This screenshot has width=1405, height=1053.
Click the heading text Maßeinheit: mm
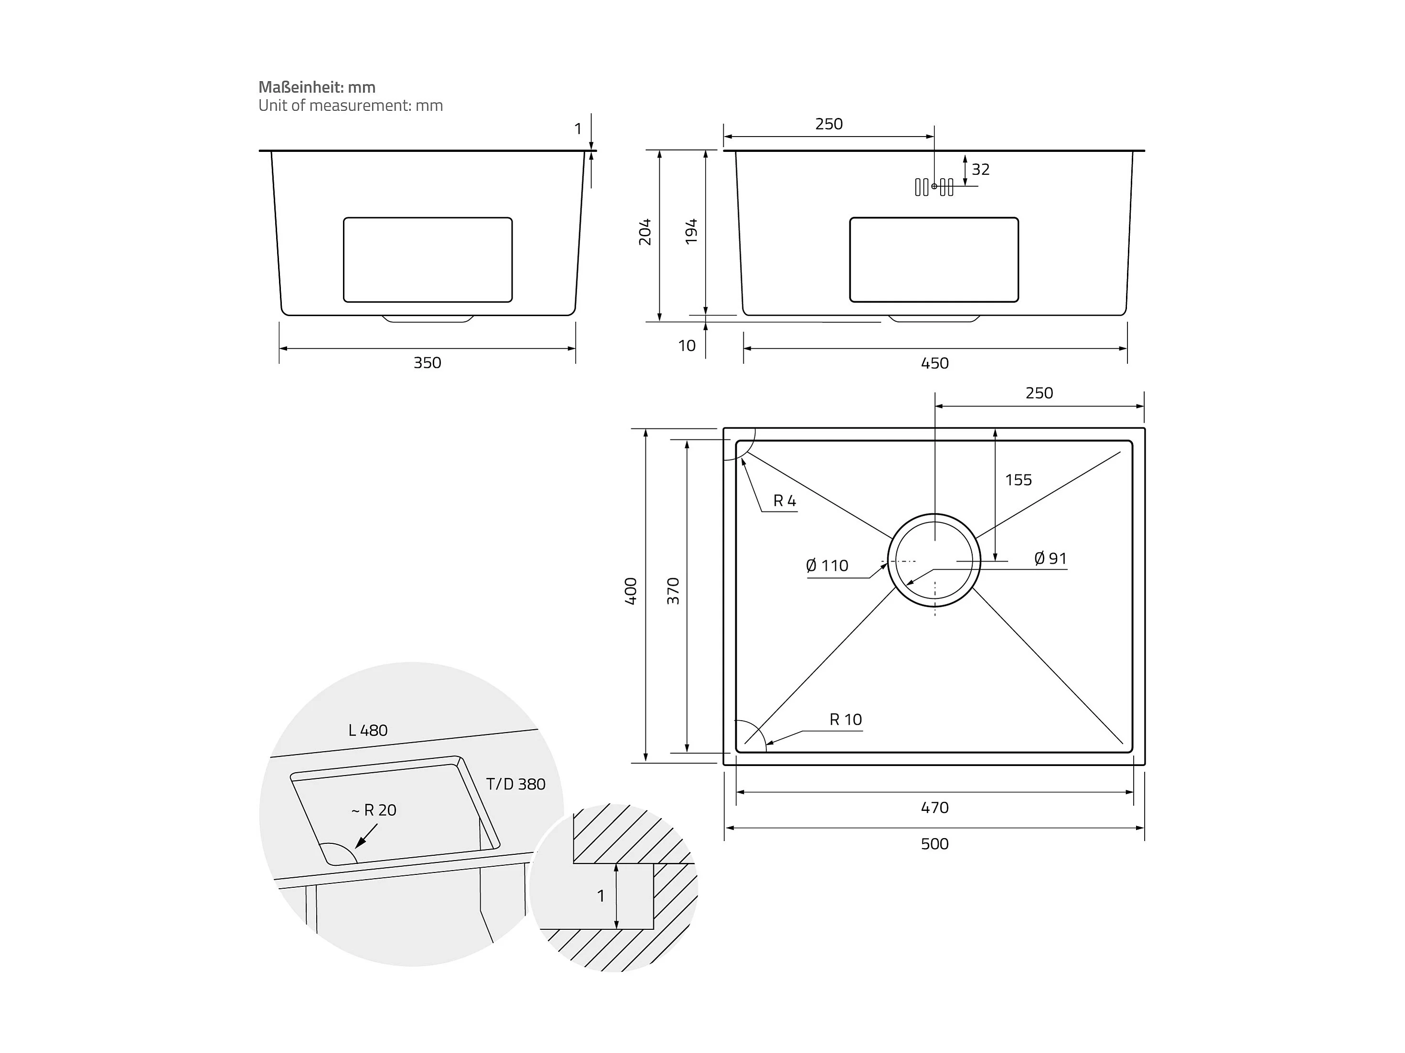pos(316,87)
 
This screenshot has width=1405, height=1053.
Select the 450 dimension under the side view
pos(934,363)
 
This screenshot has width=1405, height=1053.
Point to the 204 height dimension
pos(645,232)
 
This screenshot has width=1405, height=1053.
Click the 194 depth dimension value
pos(691,232)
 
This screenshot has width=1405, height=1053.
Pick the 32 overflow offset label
pos(980,170)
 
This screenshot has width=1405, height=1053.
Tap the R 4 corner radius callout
pos(784,501)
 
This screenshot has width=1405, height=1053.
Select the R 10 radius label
pos(846,720)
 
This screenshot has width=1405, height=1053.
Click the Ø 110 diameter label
pos(827,565)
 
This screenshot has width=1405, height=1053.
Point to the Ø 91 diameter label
pos(1050,558)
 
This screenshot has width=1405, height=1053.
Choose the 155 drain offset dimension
pos(1018,480)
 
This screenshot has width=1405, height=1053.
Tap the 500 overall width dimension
pos(934,843)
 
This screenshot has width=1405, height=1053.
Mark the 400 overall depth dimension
pos(630,591)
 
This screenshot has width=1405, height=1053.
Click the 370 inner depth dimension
pos(673,591)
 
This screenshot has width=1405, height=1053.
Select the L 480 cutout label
pos(368,730)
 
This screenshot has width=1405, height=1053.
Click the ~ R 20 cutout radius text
pos(374,810)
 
